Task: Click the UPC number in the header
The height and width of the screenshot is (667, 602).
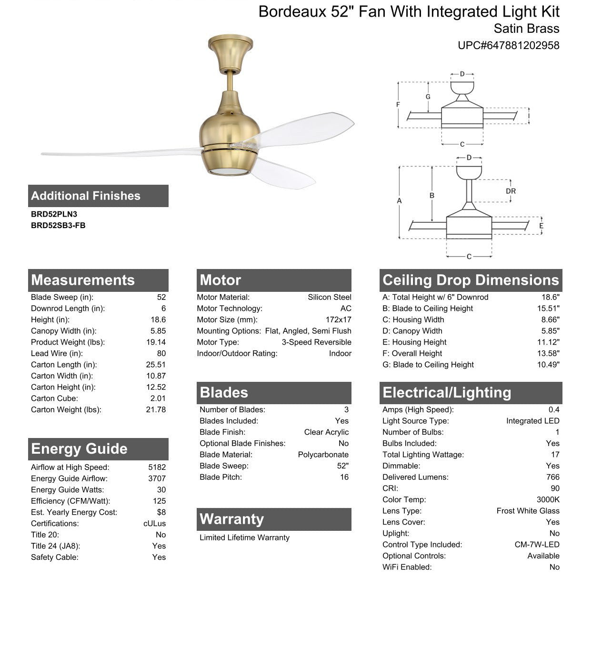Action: pos(508,45)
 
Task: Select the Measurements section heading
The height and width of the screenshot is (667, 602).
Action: pos(83,280)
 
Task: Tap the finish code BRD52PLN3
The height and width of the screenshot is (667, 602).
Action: pos(54,214)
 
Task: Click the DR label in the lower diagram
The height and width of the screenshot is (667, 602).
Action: pos(511,191)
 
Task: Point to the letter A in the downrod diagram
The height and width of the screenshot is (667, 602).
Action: pos(399,201)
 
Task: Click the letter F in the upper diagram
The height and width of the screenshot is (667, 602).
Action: pos(398,105)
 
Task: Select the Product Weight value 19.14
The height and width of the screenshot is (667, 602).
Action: pos(156,342)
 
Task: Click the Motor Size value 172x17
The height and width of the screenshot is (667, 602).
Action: pos(338,320)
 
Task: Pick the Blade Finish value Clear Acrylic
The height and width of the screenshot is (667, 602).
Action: pos(326,432)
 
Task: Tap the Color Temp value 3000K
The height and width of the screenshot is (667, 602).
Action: pos(548,500)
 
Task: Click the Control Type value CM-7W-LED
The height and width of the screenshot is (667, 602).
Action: pos(537,545)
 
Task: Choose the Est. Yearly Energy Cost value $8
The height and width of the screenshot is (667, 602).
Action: pos(161,512)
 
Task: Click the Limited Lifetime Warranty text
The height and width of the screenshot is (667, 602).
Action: pos(244,538)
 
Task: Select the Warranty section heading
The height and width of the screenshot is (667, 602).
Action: pos(231,519)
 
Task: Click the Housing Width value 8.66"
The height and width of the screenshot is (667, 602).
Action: pos(550,320)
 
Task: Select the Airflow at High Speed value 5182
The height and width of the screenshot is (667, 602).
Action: pos(157,468)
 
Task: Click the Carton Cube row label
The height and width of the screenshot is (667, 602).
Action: pos(54,398)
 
